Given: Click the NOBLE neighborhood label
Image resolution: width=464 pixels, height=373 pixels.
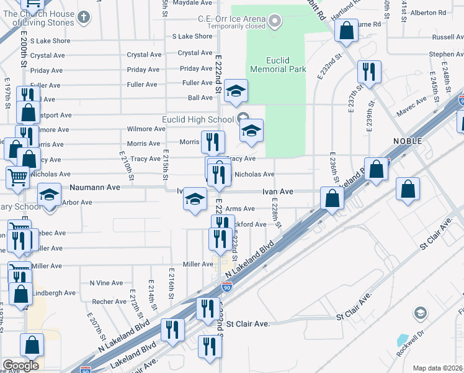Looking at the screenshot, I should (407, 141).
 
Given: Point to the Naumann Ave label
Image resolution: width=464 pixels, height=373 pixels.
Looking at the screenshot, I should (95, 186).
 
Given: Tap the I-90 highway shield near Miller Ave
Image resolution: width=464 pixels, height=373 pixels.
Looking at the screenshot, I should (227, 287).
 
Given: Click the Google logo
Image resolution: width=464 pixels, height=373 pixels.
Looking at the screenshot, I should (20, 366).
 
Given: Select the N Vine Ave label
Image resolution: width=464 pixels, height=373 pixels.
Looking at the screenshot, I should (107, 283).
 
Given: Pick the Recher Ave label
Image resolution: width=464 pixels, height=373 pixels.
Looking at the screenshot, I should (109, 302).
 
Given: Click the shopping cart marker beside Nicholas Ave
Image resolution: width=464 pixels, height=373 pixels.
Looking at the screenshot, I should (17, 177).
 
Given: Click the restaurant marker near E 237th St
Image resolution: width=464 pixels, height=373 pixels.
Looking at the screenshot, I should (370, 71).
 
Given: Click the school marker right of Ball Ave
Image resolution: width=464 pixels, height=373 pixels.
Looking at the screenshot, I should (236, 91).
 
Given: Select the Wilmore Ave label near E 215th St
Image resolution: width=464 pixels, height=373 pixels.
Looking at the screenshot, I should (146, 129).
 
